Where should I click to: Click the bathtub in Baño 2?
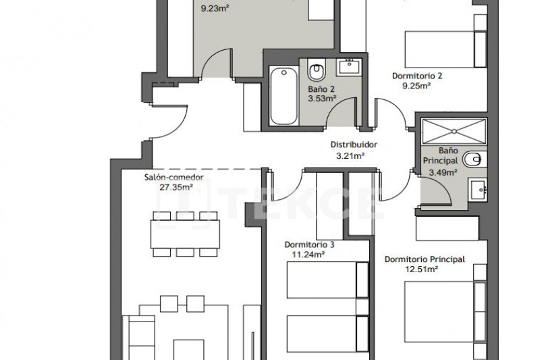283,96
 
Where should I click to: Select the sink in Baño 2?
349,67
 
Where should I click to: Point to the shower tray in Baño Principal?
454,131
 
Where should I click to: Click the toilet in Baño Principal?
475,159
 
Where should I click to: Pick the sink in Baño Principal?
478,189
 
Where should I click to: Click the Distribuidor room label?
354,145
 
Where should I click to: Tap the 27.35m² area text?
176,187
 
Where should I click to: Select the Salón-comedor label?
174,178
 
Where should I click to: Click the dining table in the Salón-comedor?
185,234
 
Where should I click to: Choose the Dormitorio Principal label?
425,259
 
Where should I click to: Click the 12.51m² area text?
421,269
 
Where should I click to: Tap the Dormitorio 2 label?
417,76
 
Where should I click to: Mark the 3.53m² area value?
322,99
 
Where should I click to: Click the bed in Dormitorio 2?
446,49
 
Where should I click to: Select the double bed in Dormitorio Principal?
446,312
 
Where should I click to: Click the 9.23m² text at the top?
215,8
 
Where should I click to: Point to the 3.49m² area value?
443,172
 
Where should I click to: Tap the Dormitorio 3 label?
309,245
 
